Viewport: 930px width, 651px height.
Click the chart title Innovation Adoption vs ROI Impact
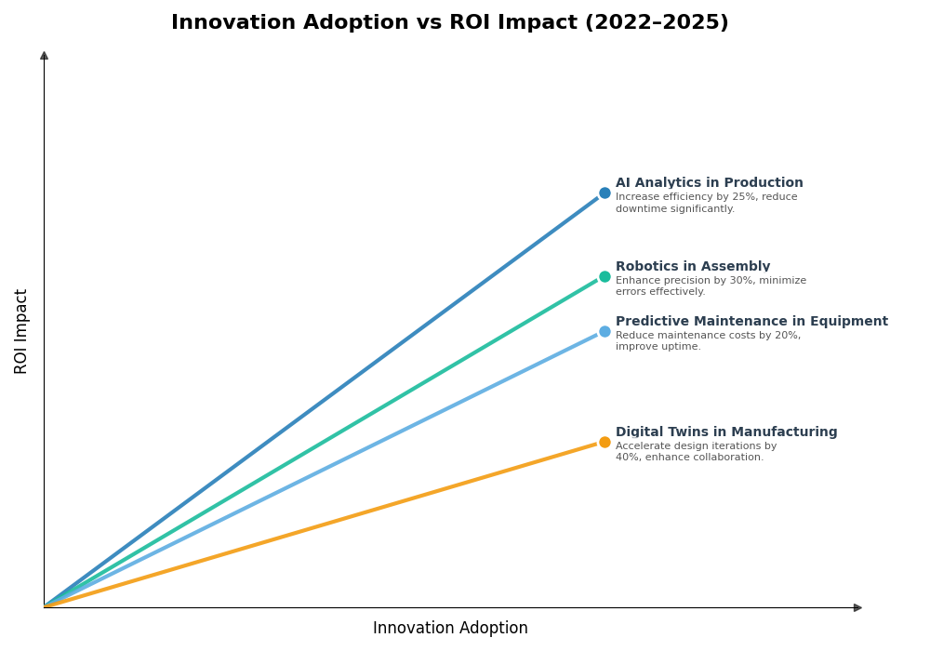[x=449, y=23]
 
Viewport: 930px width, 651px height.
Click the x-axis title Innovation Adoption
[x=450, y=629]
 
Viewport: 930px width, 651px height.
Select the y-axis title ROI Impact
[x=21, y=331]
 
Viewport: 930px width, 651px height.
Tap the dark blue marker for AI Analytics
[x=604, y=193]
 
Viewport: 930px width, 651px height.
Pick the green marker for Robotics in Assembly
[x=604, y=276]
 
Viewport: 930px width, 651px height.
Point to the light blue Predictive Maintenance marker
[x=604, y=332]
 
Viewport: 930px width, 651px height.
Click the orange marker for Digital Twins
[x=604, y=443]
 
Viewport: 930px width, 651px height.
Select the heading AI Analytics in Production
[x=709, y=183]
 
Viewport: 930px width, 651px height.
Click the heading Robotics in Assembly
[x=692, y=267]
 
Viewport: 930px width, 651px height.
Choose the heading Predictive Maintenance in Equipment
[x=751, y=322]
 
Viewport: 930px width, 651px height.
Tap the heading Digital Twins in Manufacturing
[x=726, y=432]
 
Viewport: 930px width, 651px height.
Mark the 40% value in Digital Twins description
[x=627, y=458]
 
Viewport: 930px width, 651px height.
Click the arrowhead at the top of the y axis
[x=44, y=56]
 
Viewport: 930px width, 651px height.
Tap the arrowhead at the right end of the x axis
[x=857, y=608]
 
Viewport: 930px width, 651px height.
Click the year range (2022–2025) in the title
[x=657, y=23]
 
